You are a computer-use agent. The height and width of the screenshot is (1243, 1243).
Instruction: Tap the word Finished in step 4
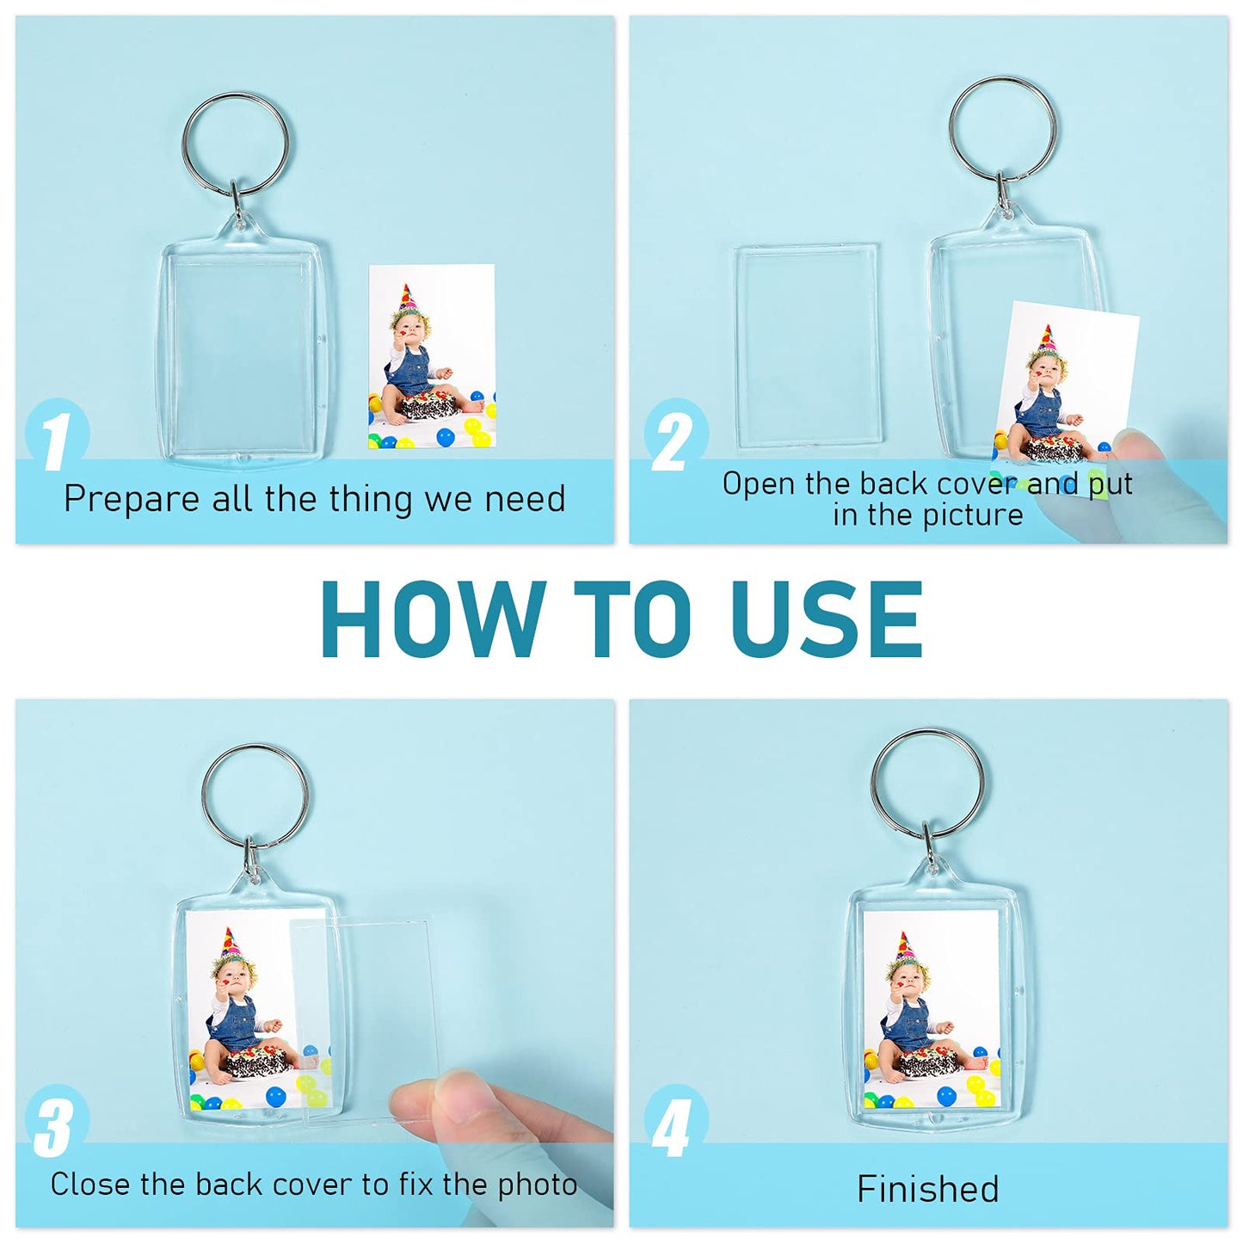pyautogui.click(x=927, y=1189)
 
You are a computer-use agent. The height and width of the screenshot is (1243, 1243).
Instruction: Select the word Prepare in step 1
pyautogui.click(x=131, y=500)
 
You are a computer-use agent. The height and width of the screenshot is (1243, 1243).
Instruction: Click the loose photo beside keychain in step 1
pyautogui.click(x=432, y=357)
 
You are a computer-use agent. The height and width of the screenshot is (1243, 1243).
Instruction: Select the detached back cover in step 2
pyautogui.click(x=807, y=346)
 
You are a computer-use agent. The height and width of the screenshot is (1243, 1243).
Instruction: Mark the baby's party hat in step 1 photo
pyautogui.click(x=405, y=298)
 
